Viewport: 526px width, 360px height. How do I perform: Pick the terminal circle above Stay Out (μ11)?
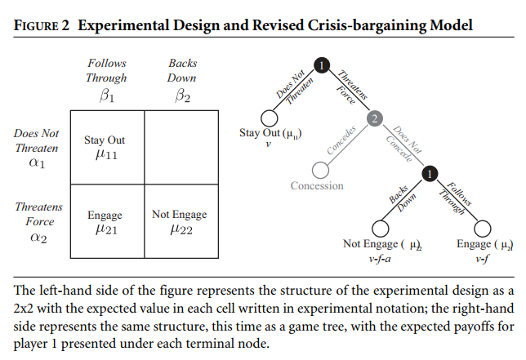pyautogui.click(x=268, y=118)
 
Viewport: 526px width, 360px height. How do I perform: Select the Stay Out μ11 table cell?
pyautogui.click(x=105, y=148)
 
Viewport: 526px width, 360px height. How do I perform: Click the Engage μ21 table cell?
pyautogui.click(x=105, y=221)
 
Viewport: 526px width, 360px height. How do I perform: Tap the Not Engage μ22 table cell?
pyautogui.click(x=179, y=221)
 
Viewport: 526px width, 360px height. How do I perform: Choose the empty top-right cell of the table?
pyautogui.click(x=179, y=148)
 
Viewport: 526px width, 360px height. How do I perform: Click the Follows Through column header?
pyautogui.click(x=106, y=71)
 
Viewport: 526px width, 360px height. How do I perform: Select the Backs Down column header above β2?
pyautogui.click(x=183, y=71)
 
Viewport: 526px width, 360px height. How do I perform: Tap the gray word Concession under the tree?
pyautogui.click(x=317, y=186)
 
